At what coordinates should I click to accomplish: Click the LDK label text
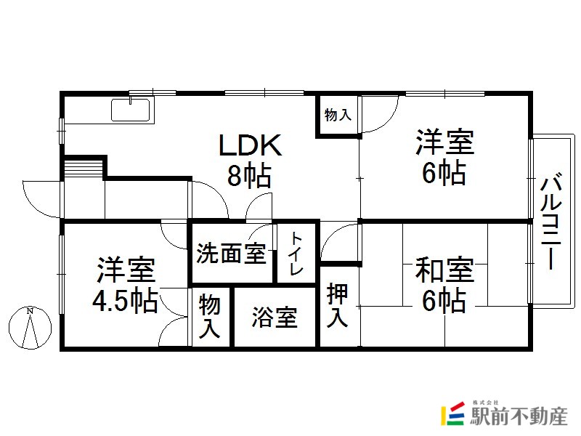click(251, 145)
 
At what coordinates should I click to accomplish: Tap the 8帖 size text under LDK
click(249, 175)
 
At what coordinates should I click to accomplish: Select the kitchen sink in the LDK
click(131, 110)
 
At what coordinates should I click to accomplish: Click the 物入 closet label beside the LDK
click(338, 115)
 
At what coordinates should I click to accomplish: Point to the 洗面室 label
click(231, 254)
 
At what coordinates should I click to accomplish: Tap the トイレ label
click(297, 254)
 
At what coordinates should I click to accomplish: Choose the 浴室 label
click(275, 318)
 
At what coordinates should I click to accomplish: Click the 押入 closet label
click(337, 305)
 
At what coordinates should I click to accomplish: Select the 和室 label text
click(444, 270)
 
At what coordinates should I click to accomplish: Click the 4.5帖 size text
click(125, 300)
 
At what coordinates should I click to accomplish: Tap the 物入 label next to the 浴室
click(210, 316)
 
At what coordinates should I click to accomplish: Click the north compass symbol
click(30, 328)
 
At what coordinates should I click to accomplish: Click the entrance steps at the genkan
click(84, 169)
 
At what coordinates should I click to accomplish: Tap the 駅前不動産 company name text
click(519, 416)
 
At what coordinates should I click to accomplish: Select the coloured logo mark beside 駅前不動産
click(452, 413)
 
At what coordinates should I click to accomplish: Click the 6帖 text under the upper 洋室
click(444, 172)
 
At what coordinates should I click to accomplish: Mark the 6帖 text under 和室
click(444, 300)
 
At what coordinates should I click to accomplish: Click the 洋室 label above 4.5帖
click(126, 270)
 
